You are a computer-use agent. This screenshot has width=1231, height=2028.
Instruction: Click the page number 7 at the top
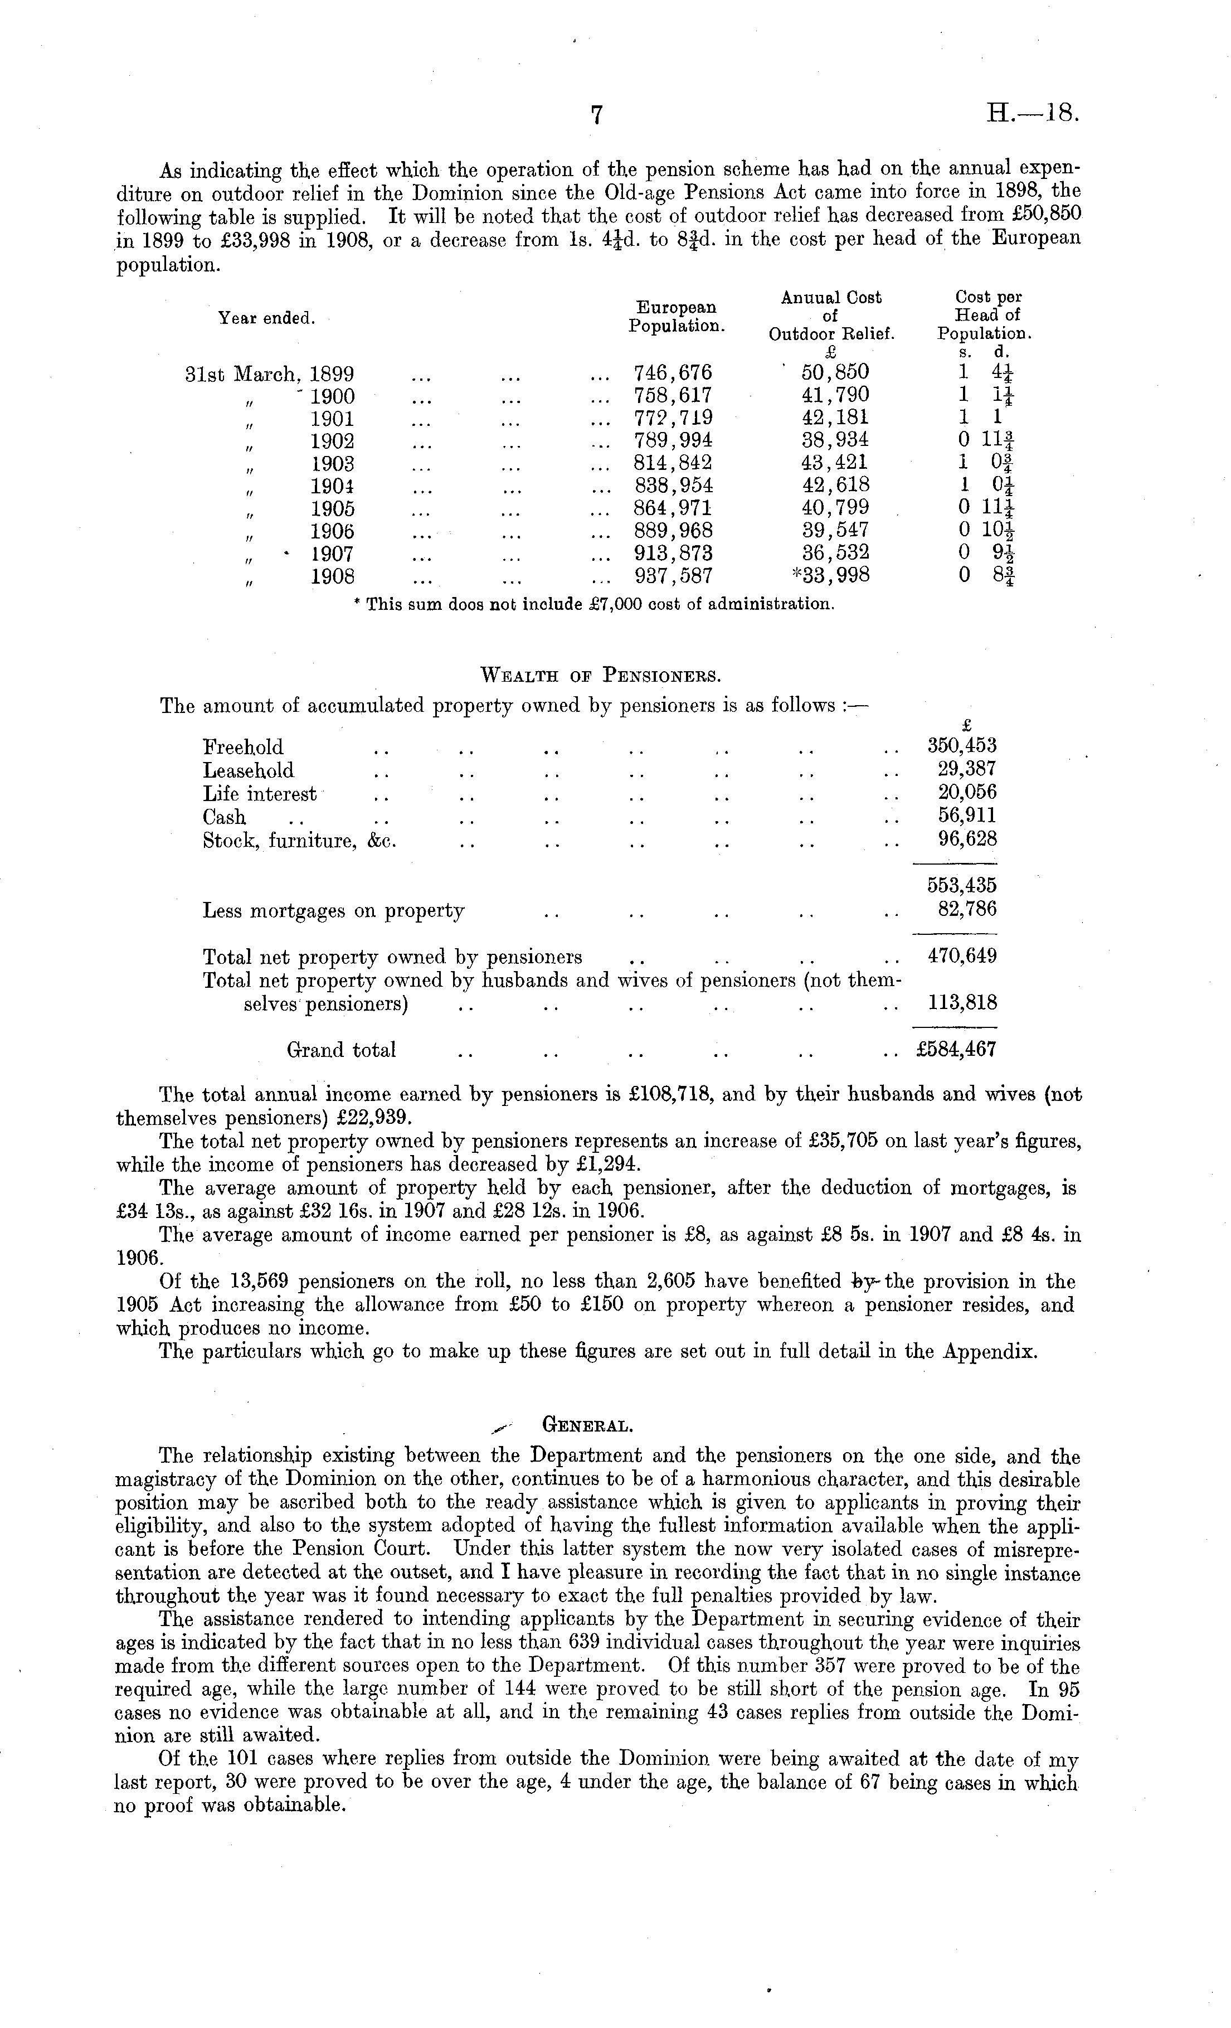[x=597, y=115]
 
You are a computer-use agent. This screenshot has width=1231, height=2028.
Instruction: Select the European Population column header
[x=677, y=317]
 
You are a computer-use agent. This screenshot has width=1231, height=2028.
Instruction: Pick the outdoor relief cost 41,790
[x=834, y=395]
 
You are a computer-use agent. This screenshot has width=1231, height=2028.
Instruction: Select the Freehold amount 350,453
[x=961, y=746]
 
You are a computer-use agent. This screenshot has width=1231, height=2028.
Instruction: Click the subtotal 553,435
[x=961, y=886]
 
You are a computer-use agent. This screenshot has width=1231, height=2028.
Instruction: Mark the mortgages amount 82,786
[x=967, y=909]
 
